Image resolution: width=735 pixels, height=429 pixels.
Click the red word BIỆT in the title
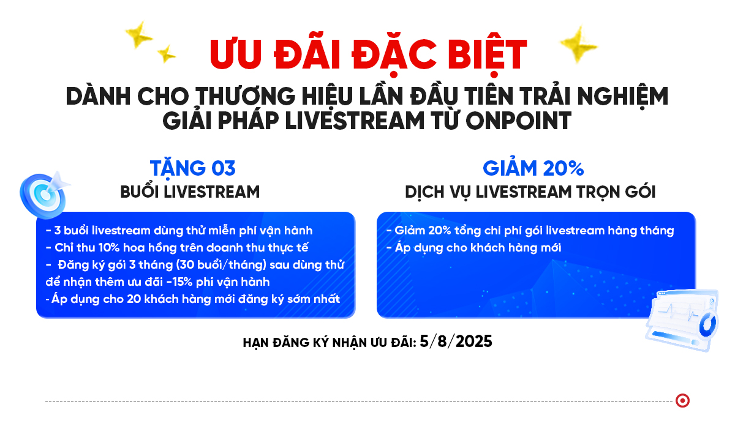click(x=487, y=54)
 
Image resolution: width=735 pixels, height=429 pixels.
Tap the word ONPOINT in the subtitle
click(x=518, y=121)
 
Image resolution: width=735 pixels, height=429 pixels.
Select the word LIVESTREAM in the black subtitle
click(x=355, y=120)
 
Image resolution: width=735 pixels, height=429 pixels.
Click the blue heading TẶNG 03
click(x=192, y=169)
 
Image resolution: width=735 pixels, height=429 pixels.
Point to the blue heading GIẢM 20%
click(x=533, y=168)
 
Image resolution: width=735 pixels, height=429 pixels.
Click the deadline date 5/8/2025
click(x=456, y=341)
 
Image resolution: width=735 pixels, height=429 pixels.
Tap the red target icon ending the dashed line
click(x=682, y=400)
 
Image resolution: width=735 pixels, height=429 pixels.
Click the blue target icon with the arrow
click(x=45, y=195)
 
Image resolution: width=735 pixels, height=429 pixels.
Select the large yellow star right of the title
click(x=578, y=44)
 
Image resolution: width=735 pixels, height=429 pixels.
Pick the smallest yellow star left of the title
click(x=166, y=54)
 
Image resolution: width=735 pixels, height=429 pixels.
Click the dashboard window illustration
click(x=682, y=320)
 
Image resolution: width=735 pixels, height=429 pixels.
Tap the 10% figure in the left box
click(x=109, y=248)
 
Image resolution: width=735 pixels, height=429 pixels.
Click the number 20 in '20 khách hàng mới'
click(x=134, y=299)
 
